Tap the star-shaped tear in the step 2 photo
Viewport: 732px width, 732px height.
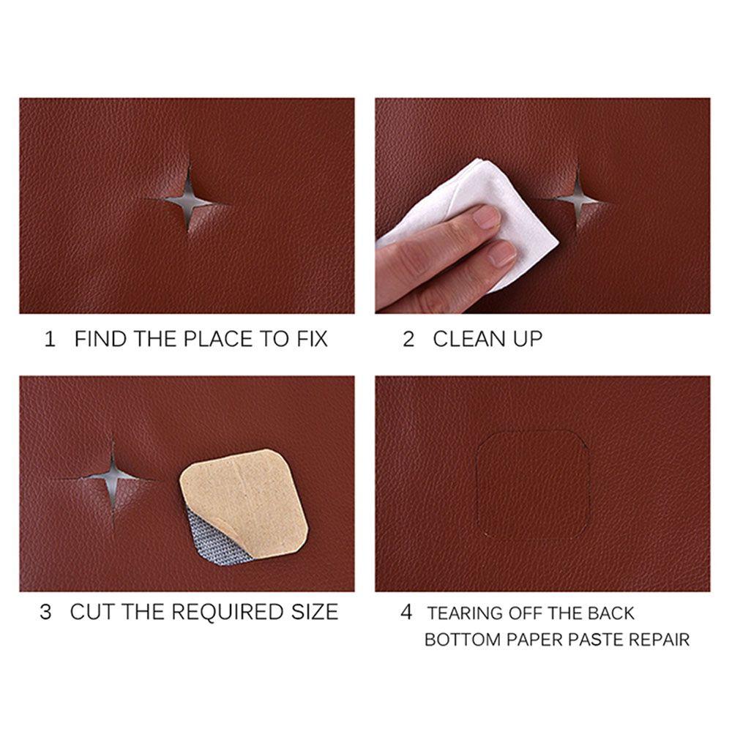point(578,196)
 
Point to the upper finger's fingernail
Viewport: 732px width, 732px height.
point(487,217)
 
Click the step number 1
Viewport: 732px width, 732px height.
point(50,340)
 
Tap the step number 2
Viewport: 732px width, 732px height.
point(408,340)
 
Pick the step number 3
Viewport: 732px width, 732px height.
point(45,612)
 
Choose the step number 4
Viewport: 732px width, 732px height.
point(406,612)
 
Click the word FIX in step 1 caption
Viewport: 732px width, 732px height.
point(310,340)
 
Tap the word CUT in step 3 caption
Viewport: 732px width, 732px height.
point(93,612)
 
